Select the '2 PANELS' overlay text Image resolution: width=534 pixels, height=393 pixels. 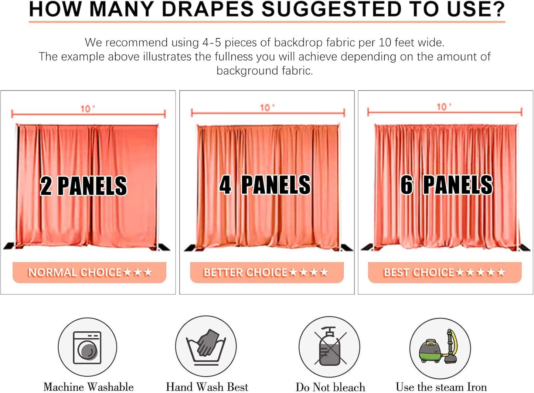click(84, 186)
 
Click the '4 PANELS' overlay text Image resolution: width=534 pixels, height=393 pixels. click(265, 185)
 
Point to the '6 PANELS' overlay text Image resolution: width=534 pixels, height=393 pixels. click(446, 185)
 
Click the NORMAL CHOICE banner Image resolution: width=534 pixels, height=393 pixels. click(89, 273)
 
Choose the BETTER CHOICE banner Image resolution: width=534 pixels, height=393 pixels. click(266, 273)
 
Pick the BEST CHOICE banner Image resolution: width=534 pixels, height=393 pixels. click(445, 273)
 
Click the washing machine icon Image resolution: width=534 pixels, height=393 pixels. click(87, 347)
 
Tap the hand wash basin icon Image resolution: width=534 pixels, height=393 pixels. click(206, 346)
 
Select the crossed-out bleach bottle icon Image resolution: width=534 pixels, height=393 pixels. click(329, 346)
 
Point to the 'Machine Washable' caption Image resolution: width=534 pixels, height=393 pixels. click(89, 387)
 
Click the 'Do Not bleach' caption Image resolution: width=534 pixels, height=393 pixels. click(330, 387)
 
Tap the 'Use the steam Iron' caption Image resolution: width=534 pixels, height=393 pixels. click(441, 387)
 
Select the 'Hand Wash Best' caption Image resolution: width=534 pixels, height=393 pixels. click(207, 387)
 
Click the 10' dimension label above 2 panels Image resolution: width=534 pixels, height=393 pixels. click(87, 109)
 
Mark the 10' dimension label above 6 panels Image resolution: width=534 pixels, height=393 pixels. click(443, 107)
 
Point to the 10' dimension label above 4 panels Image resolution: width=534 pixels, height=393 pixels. click(267, 107)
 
